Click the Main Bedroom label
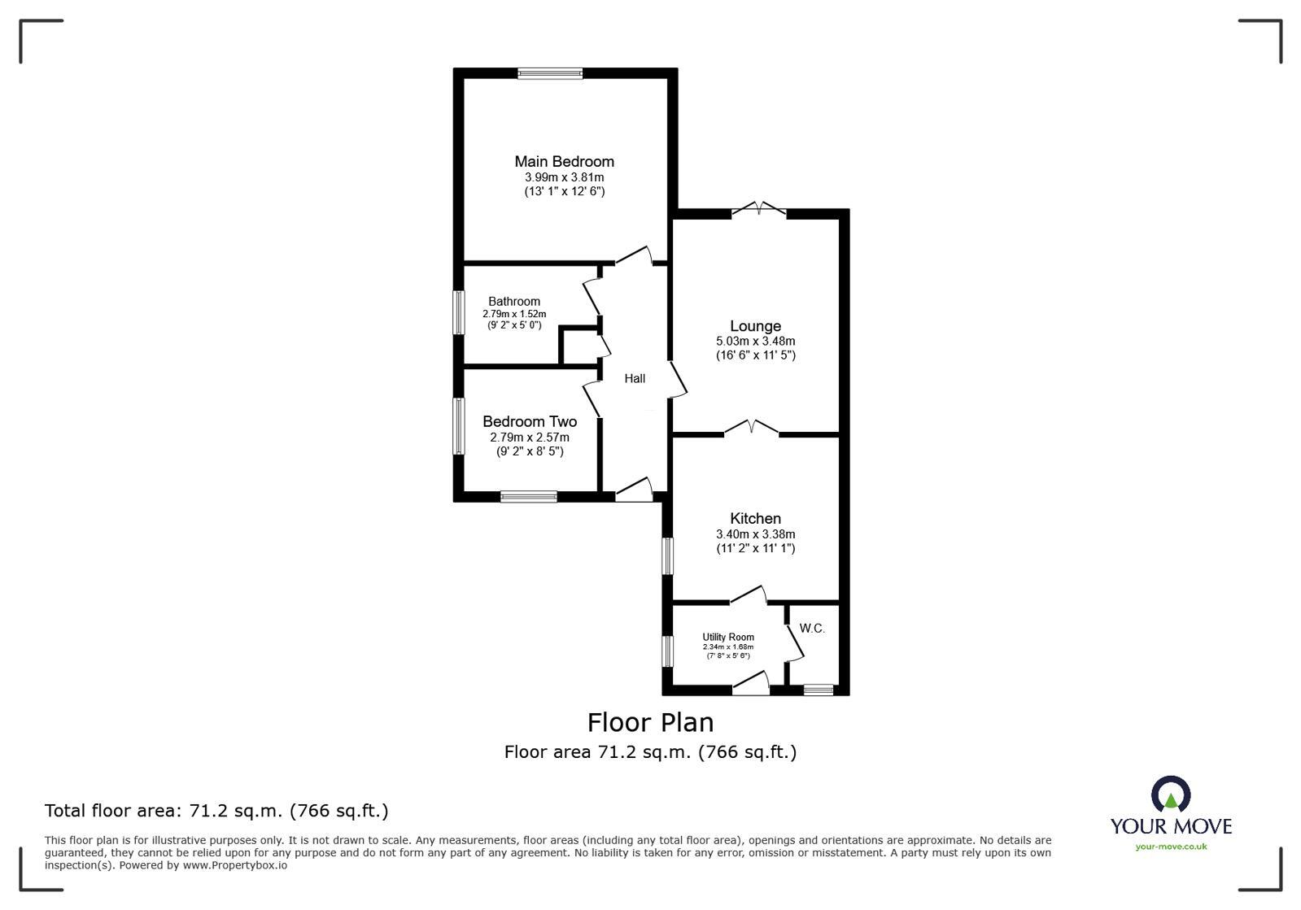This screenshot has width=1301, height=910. (x=564, y=161)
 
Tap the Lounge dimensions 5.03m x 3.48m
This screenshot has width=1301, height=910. (x=755, y=342)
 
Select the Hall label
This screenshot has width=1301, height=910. (x=635, y=378)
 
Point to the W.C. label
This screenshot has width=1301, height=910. (x=812, y=628)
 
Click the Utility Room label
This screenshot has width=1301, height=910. (x=728, y=637)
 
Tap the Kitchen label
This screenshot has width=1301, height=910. (x=755, y=518)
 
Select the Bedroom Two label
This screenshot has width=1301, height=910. (x=530, y=421)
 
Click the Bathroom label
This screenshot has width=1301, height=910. (x=514, y=301)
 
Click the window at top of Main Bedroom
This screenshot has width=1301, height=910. (x=550, y=73)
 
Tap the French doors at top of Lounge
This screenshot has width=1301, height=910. (x=758, y=211)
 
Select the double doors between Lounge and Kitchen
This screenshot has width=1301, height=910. (x=752, y=429)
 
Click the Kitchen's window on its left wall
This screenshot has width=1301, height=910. (x=667, y=556)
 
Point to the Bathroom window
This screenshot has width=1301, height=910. (x=459, y=312)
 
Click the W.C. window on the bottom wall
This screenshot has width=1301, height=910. (x=819, y=690)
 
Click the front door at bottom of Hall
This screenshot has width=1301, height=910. (x=635, y=490)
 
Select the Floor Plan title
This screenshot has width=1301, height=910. (x=650, y=722)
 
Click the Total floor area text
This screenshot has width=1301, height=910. (x=216, y=811)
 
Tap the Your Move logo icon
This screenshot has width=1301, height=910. (x=1171, y=795)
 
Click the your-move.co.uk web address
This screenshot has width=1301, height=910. (x=1171, y=847)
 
